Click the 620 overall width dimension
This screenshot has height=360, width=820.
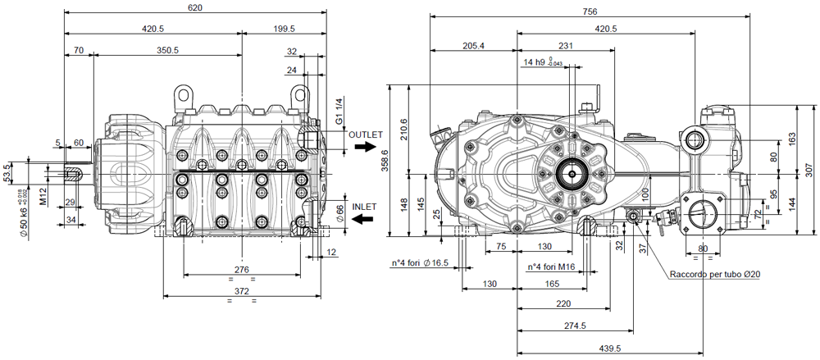click(x=194, y=7)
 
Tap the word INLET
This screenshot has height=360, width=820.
click(x=363, y=207)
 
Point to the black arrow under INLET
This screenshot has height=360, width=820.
click(x=363, y=219)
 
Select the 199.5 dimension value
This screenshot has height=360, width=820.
click(x=283, y=29)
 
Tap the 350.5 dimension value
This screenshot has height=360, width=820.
click(x=167, y=51)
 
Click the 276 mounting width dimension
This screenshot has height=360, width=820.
click(x=242, y=269)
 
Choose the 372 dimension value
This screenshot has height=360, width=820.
click(x=242, y=292)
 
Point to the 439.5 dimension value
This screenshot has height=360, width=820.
click(x=608, y=349)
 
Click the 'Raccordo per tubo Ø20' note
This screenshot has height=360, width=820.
click(x=714, y=275)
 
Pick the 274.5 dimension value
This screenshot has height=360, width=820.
click(x=576, y=326)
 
